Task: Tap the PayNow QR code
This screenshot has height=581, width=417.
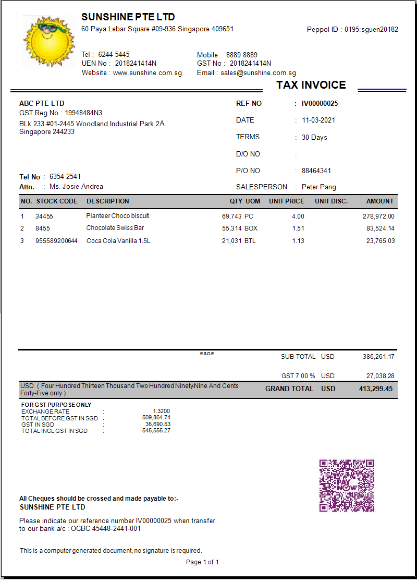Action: (347, 486)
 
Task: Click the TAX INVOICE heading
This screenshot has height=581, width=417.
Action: (311, 85)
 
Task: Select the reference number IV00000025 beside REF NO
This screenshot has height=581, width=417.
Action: (320, 104)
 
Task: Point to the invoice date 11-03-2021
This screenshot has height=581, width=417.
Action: (318, 120)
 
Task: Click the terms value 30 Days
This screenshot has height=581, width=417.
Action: (314, 138)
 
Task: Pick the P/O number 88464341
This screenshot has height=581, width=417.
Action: (316, 171)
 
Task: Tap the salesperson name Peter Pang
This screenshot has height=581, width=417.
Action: (319, 187)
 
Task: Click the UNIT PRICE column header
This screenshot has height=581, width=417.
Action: (287, 201)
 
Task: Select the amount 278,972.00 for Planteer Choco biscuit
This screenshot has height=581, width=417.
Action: (378, 216)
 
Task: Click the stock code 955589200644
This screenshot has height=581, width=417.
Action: (56, 241)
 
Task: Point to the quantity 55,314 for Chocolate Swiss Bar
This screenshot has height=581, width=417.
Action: (231, 228)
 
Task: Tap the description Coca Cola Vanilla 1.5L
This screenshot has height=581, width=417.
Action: (118, 241)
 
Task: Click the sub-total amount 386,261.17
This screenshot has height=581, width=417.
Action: (378, 357)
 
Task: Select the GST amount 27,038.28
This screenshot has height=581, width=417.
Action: (380, 376)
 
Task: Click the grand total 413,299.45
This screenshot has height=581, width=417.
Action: (376, 389)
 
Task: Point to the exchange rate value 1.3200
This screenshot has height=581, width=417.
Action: (161, 411)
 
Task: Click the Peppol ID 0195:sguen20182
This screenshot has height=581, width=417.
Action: (371, 30)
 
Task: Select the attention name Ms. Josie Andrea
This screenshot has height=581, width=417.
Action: (76, 187)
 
